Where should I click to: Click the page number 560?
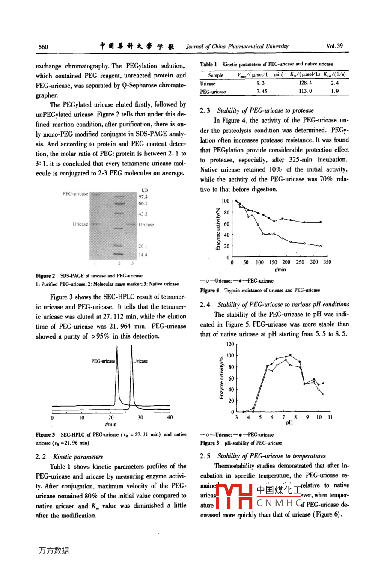pos(43,47)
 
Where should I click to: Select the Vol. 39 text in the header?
pos(334,46)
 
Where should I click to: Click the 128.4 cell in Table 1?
pos(305,83)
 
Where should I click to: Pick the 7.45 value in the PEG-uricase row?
pos(262,91)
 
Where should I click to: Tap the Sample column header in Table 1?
pos(216,75)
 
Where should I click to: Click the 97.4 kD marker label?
pos(143,197)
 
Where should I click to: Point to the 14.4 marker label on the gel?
pos(143,255)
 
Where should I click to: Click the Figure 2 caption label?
pos(45,276)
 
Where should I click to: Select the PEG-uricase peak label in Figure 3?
pos(103,361)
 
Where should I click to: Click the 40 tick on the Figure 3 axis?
pos(170,417)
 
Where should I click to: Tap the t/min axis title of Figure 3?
pos(110,424)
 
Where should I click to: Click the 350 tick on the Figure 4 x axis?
pos(327,262)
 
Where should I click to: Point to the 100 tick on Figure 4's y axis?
pos(226,201)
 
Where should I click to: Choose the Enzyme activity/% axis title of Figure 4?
pos(218,229)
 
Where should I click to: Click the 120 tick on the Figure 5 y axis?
pos(230,344)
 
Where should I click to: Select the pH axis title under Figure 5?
pos(289,423)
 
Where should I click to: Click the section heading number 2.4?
pos(205,305)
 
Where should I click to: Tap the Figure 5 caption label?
pos(210,443)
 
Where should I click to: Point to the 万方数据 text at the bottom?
pos(54,550)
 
